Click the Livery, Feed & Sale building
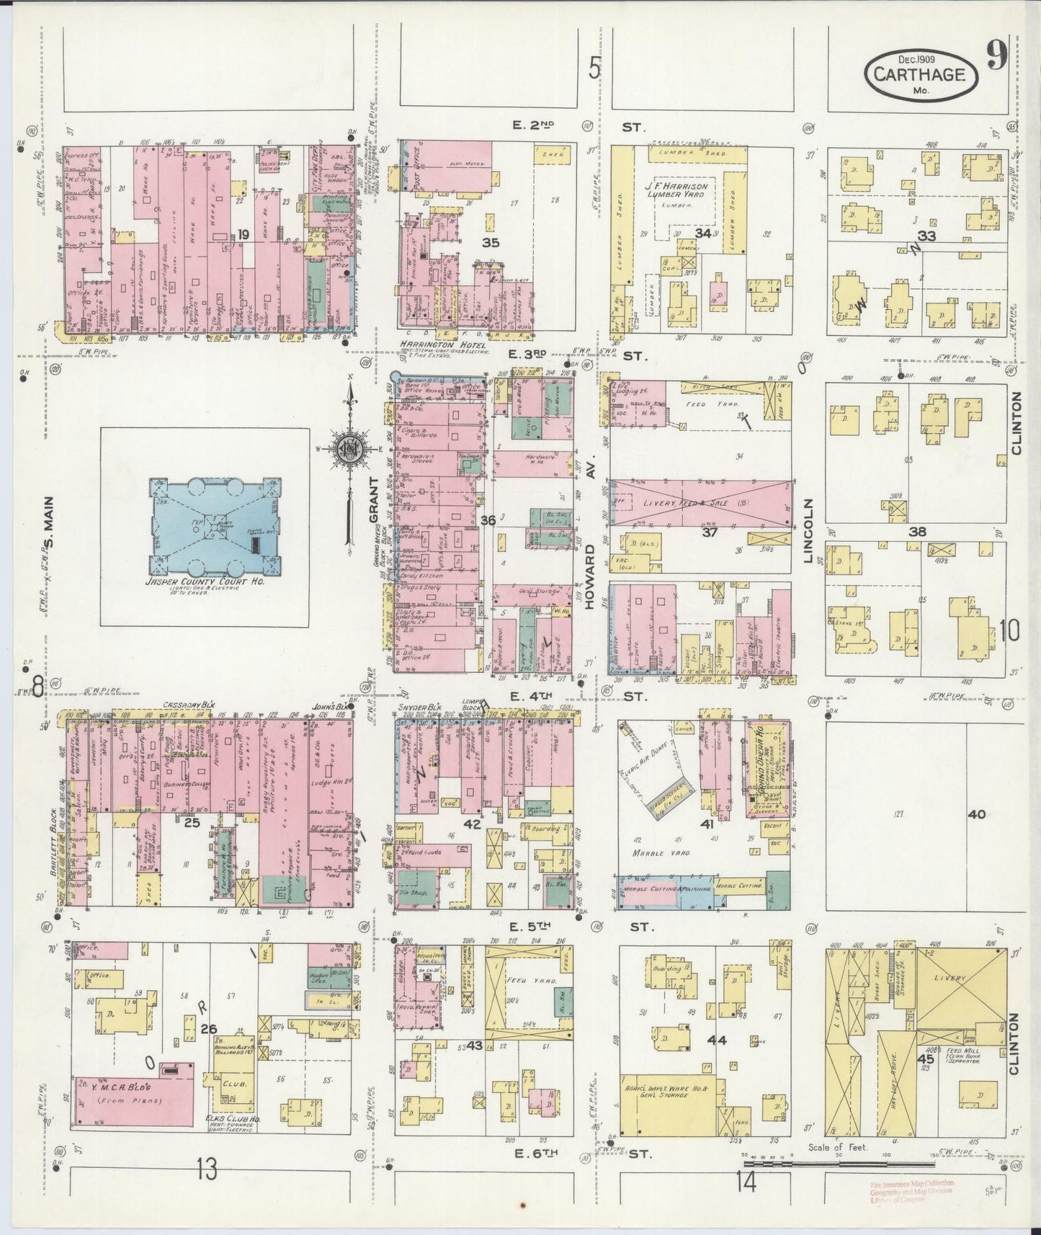coord(699,503)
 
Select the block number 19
coord(244,233)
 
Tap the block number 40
coord(976,814)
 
